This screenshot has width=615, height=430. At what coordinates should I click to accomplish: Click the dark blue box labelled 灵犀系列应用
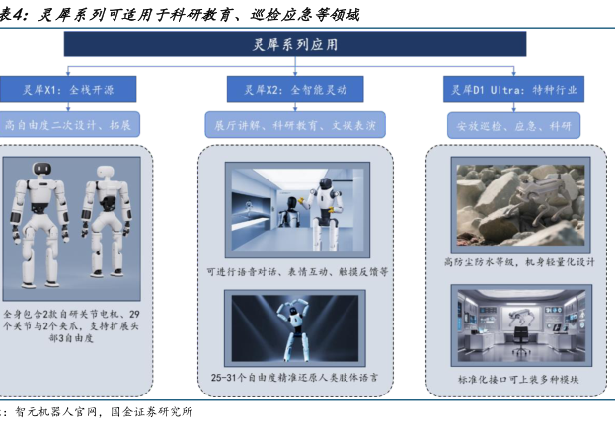[295, 44]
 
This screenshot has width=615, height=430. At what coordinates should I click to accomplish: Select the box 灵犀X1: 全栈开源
[68, 90]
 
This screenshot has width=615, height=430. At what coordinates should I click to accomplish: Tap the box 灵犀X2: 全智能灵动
[295, 90]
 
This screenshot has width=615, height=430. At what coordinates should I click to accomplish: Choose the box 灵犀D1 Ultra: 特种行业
[513, 90]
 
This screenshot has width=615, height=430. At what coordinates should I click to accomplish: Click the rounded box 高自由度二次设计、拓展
[69, 124]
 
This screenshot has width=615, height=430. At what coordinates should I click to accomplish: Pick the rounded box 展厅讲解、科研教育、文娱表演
[295, 125]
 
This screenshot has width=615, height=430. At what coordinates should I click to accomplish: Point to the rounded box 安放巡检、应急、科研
[513, 126]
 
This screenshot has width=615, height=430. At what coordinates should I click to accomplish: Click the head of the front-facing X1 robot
[42, 169]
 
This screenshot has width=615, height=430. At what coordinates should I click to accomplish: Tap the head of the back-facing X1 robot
[105, 172]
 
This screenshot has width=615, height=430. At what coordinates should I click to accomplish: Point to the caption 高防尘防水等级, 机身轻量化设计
[519, 262]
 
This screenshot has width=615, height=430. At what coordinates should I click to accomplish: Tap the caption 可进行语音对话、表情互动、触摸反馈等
[297, 272]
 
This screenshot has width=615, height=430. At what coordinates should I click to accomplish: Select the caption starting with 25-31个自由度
[294, 378]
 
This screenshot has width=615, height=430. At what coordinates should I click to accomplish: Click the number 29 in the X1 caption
[134, 314]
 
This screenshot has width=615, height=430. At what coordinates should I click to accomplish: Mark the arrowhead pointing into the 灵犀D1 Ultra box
[513, 73]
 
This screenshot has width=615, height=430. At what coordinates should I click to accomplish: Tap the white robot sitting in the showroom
[325, 214]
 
